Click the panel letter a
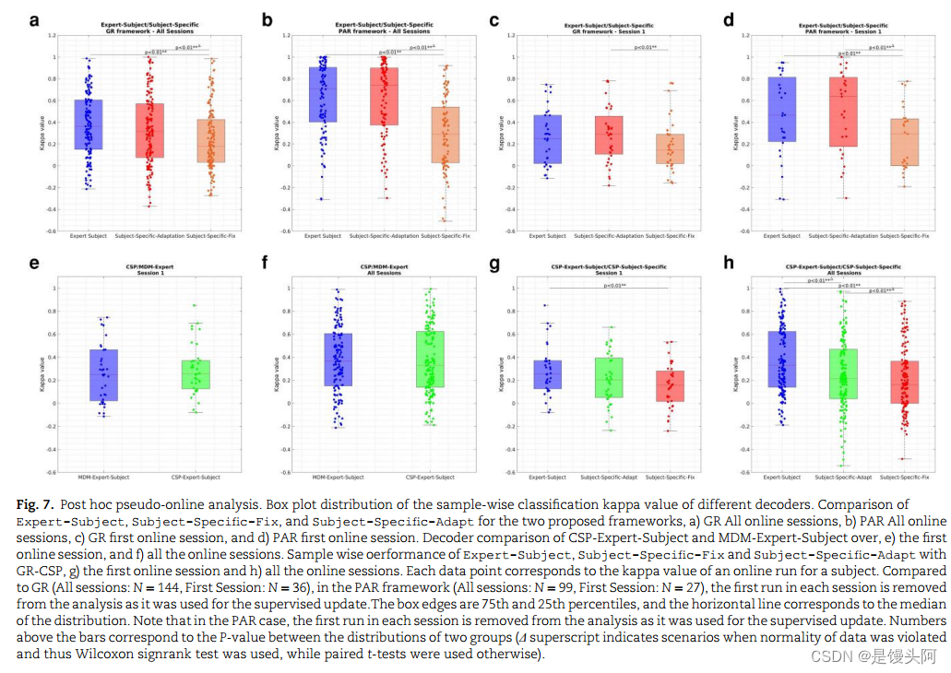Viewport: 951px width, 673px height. tap(35, 19)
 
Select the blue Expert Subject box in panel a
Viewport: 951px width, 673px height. tap(89, 124)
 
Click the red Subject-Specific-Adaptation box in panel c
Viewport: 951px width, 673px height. tap(608, 135)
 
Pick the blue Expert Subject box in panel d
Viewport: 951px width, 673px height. tap(781, 109)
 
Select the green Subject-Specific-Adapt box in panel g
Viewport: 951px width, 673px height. tap(609, 377)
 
